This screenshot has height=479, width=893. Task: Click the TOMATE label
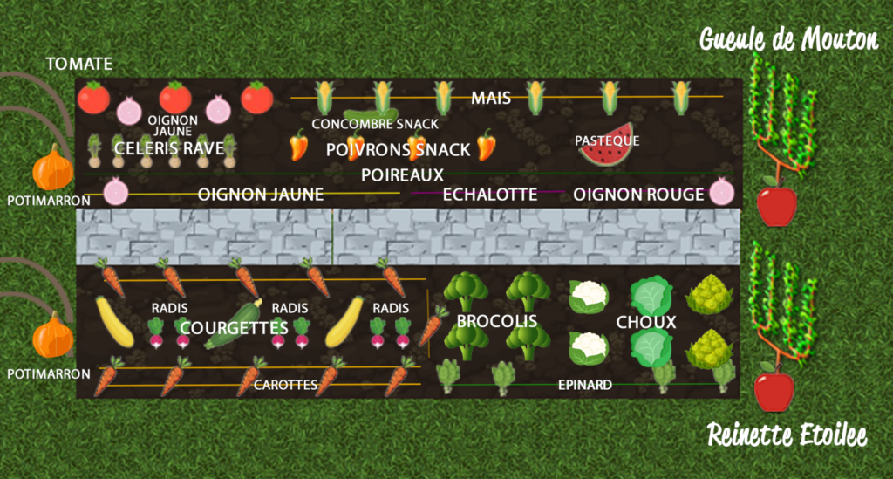(79, 64)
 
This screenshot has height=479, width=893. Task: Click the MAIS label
(491, 97)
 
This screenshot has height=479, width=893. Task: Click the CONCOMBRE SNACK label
(375, 124)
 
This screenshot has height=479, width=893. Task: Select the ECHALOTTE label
(490, 195)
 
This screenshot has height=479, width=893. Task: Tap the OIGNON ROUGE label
(637, 195)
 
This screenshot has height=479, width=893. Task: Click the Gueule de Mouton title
(789, 39)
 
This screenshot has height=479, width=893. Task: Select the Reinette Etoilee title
(787, 435)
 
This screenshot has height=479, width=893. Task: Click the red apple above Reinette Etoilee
(774, 389)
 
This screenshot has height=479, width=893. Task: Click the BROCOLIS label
(496, 322)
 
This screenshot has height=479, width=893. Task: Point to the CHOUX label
(645, 322)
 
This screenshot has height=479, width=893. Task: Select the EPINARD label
(584, 384)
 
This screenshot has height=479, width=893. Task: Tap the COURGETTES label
(234, 327)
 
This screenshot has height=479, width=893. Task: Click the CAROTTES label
(284, 384)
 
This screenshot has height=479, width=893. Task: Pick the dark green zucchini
(234, 324)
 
